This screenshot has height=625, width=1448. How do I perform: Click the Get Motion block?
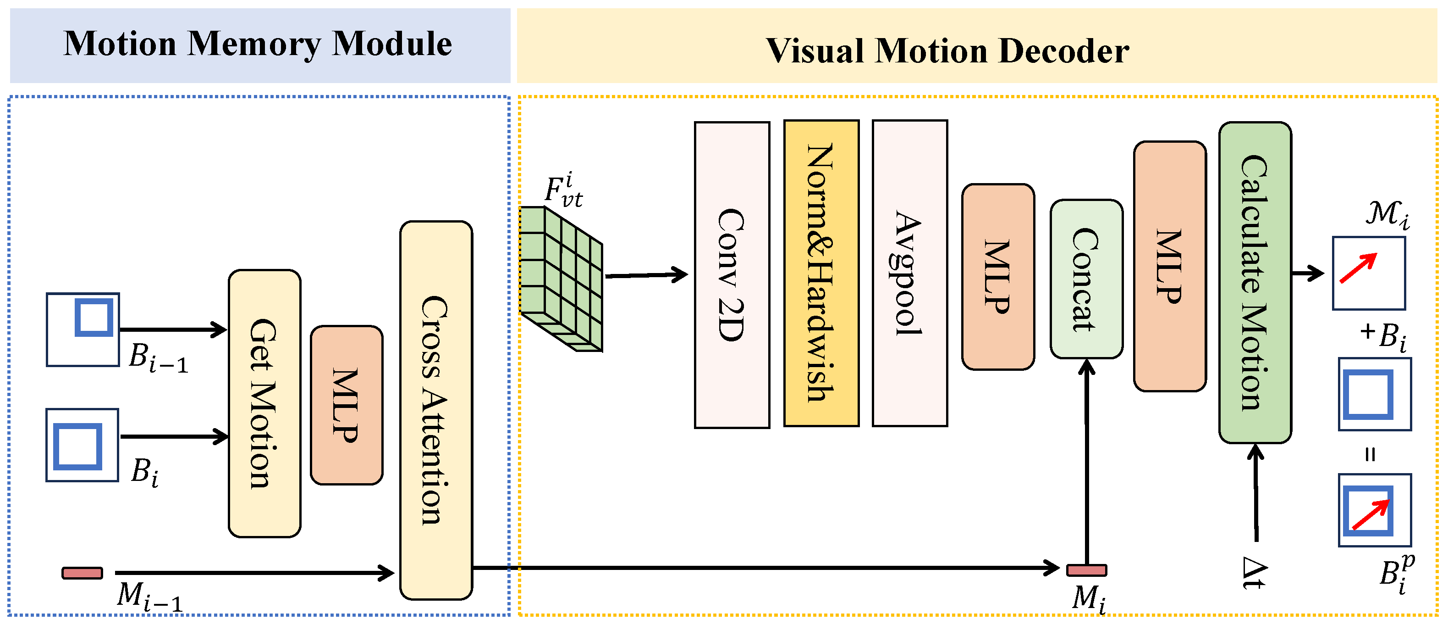coord(264,403)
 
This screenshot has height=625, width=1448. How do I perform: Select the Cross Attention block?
coord(435,410)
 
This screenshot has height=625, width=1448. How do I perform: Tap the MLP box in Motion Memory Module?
coord(346,405)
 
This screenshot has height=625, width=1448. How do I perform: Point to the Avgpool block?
coord(909,273)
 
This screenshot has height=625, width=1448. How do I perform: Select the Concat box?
coord(1086,279)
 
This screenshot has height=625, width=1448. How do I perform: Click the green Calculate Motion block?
coord(1255,282)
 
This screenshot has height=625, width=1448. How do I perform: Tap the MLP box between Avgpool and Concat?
coord(998,276)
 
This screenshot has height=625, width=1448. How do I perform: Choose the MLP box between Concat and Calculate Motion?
coord(1170,266)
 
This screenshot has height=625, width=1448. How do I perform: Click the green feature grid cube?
coord(561,279)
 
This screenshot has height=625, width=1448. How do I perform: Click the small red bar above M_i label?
coord(1086,570)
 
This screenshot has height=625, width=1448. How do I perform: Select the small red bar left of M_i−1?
coord(82,573)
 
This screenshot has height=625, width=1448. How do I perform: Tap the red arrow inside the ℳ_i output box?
coord(1359,268)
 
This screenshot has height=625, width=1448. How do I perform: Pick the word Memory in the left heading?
coord(254,44)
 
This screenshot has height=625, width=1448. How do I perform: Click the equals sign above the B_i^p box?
coord(1371,454)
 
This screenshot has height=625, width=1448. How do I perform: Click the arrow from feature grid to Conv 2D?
coord(646,275)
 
